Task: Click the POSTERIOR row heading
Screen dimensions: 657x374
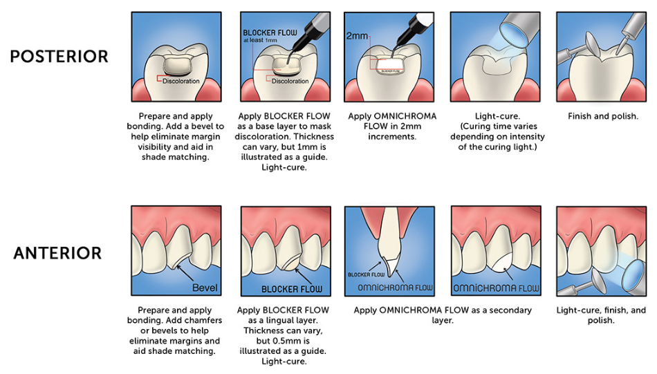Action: point(59,57)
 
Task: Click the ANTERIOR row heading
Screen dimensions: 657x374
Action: point(58,253)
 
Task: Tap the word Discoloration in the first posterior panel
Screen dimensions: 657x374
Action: point(181,81)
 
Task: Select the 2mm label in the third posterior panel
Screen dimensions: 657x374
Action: point(357,36)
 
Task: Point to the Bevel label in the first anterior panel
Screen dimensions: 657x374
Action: point(205,288)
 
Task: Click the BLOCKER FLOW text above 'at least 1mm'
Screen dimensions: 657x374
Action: point(270,32)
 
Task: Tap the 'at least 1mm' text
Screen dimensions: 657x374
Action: point(260,40)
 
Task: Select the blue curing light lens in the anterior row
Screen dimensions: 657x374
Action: point(633,274)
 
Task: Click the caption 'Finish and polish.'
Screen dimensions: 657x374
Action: point(603,116)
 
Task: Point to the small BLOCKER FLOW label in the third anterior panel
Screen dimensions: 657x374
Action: point(367,274)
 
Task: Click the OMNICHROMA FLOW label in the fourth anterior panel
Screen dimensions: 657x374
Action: point(496,288)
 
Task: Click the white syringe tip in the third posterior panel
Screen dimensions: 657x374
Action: point(424,19)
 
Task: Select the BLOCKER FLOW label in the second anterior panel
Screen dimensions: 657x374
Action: point(292,289)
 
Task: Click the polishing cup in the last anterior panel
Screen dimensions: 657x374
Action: point(599,281)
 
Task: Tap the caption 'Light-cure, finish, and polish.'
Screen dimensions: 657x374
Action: point(601,315)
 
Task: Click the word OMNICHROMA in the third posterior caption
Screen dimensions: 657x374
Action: point(405,116)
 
